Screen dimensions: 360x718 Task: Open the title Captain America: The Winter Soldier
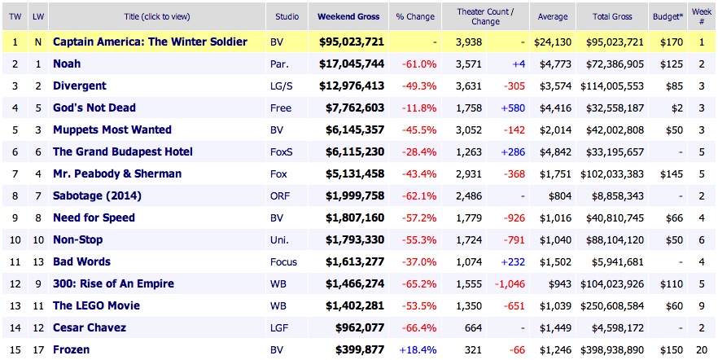point(150,42)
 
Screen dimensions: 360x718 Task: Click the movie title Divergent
point(80,86)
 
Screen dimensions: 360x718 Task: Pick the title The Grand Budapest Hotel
point(122,151)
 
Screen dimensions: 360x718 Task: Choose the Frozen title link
point(72,349)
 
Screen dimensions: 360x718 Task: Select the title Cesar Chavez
point(90,327)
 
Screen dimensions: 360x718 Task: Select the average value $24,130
point(552,42)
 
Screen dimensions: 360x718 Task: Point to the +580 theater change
point(512,108)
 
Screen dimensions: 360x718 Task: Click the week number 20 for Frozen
point(700,349)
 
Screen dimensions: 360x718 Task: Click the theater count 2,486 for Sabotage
point(461,195)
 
